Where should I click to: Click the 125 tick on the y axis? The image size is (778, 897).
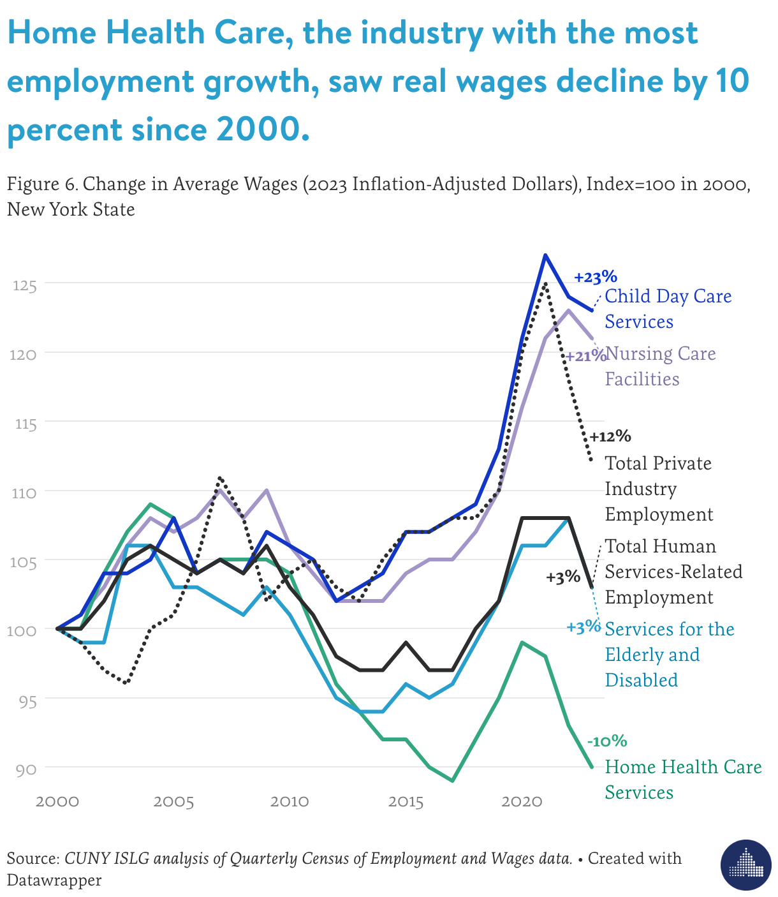(24, 285)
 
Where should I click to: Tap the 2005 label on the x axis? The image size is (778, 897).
(173, 801)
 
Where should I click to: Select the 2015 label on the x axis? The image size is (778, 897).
(406, 801)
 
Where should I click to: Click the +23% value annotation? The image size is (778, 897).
(595, 278)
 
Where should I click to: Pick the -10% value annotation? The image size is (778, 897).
(606, 741)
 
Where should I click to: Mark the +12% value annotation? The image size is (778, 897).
(610, 437)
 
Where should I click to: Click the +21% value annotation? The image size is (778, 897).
(585, 356)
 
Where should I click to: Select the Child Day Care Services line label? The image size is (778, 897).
(667, 309)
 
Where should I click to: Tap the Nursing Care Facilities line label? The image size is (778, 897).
(660, 366)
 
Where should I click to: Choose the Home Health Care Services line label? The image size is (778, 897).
(682, 780)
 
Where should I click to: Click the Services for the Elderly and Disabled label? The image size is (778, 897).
(669, 655)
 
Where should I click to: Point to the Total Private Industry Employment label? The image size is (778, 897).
(659, 489)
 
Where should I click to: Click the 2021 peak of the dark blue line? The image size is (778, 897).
(545, 255)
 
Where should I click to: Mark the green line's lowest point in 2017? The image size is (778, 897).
(452, 780)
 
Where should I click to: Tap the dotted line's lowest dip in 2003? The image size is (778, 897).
(126, 683)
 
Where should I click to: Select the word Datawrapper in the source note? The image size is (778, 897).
(54, 880)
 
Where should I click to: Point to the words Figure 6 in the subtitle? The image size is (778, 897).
(42, 184)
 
